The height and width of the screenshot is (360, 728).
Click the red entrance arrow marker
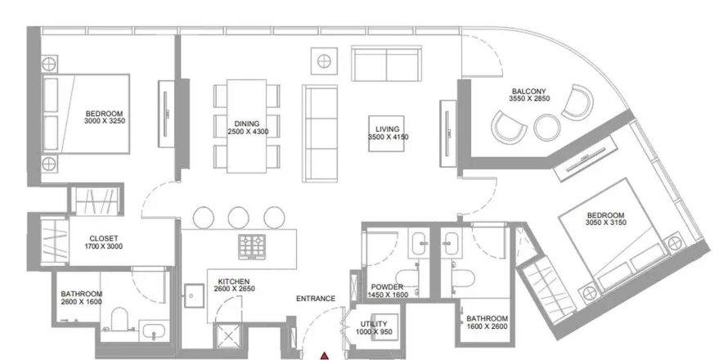click(325, 356)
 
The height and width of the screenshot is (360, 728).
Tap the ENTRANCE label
click(316, 299)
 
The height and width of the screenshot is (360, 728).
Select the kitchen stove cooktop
click(252, 246)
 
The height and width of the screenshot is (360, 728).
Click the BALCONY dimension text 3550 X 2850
click(528, 98)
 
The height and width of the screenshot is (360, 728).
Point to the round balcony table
click(547, 128)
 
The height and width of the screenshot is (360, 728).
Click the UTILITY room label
click(374, 324)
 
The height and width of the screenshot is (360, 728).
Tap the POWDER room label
click(387, 287)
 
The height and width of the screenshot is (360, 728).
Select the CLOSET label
click(104, 239)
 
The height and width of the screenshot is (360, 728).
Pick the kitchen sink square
click(194, 295)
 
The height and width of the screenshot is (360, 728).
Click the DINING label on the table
click(247, 124)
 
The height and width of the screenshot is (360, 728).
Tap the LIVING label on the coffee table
click(387, 129)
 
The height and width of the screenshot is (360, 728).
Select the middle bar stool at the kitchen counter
click(238, 218)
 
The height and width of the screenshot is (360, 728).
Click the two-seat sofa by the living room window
click(386, 63)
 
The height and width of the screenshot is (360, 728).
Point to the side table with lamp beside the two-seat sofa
click(324, 61)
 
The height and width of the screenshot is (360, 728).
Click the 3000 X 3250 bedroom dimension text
click(105, 121)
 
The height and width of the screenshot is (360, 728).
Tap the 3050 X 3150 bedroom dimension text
click(606, 223)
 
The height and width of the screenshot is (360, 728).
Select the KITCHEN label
click(234, 281)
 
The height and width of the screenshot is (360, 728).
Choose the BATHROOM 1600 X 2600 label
click(487, 322)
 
